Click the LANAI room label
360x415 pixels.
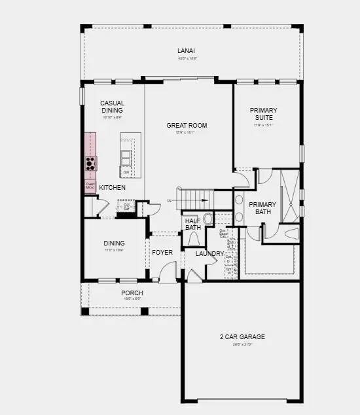click(187, 50)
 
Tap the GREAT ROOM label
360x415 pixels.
click(187, 125)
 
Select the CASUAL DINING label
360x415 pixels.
click(112, 107)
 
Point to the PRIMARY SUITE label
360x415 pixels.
click(264, 114)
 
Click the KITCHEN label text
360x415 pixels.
click(112, 188)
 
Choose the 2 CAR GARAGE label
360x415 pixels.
click(242, 336)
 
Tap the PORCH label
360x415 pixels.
click(132, 293)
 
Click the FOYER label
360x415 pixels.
click(162, 253)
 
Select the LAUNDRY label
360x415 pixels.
click(209, 253)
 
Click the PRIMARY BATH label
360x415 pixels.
click(262, 207)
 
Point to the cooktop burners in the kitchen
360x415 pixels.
click(90, 163)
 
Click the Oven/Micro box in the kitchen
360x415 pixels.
click(90, 187)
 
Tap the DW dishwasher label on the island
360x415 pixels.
click(125, 172)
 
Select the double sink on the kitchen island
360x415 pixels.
click(125, 156)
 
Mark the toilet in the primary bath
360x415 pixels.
click(291, 233)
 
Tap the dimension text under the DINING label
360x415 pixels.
click(114, 250)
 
